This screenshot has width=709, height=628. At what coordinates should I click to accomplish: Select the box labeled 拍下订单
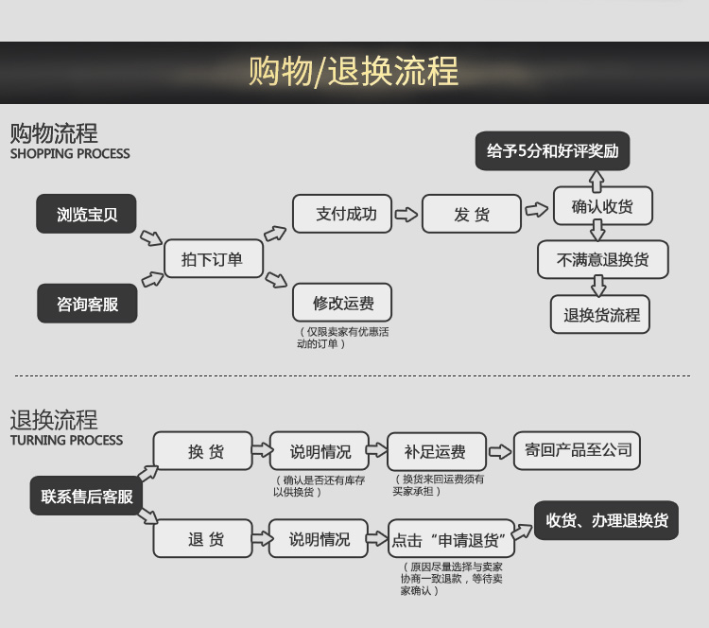pos(212,259)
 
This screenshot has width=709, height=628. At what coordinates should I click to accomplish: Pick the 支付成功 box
pos(346,215)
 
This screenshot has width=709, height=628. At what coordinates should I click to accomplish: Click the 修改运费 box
pos(342,304)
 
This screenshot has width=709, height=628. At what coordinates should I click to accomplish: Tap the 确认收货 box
pos(602,206)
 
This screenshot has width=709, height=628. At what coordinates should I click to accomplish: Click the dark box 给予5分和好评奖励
pos(551,151)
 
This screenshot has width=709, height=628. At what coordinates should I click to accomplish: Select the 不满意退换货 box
pos(603,259)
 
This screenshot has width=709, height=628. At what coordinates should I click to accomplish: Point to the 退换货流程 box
pos(601,315)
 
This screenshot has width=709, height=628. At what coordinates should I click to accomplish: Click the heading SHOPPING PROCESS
pos(70,154)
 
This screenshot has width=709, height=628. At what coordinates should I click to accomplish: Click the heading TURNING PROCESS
pos(66,441)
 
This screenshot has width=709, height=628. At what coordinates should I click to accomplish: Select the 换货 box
pos(204,452)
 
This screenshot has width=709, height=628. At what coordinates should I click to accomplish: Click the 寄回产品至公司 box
pos(578,450)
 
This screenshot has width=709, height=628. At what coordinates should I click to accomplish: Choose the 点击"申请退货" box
pos(451,540)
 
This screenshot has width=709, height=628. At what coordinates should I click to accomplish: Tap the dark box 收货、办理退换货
pos(606,520)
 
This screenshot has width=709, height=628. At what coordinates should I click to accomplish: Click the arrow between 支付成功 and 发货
pos(406,215)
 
